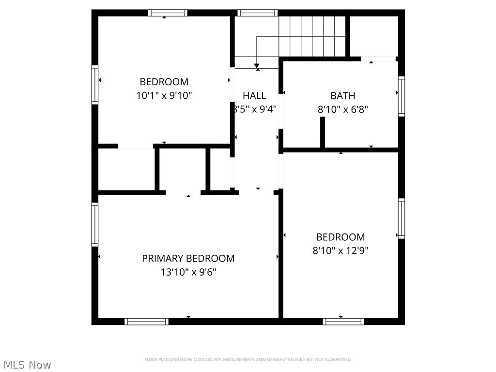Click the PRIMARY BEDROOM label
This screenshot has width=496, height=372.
(x=188, y=259)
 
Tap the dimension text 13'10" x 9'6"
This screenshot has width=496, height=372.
(x=188, y=272)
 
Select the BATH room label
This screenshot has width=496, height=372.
(x=342, y=96)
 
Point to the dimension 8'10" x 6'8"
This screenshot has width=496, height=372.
(x=342, y=109)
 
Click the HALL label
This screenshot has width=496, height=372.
(x=254, y=96)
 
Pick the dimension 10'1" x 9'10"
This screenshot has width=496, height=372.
(x=164, y=96)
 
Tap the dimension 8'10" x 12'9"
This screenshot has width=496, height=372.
(x=341, y=251)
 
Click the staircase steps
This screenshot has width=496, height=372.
(x=312, y=36)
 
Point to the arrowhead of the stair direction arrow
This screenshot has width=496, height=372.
(x=257, y=65)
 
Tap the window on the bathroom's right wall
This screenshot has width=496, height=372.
(x=401, y=96)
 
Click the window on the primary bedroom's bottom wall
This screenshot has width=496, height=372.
(x=146, y=321)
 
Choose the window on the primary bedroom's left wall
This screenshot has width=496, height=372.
(x=95, y=224)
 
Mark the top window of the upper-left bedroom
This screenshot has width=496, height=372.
(x=168, y=13)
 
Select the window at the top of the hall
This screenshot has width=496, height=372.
(x=257, y=13)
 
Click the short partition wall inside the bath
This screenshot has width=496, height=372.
(x=323, y=132)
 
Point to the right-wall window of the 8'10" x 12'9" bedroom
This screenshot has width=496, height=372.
(x=401, y=218)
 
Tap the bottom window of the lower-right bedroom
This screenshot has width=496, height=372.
(x=343, y=321)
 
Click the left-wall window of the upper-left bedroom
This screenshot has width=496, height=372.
(x=95, y=84)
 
